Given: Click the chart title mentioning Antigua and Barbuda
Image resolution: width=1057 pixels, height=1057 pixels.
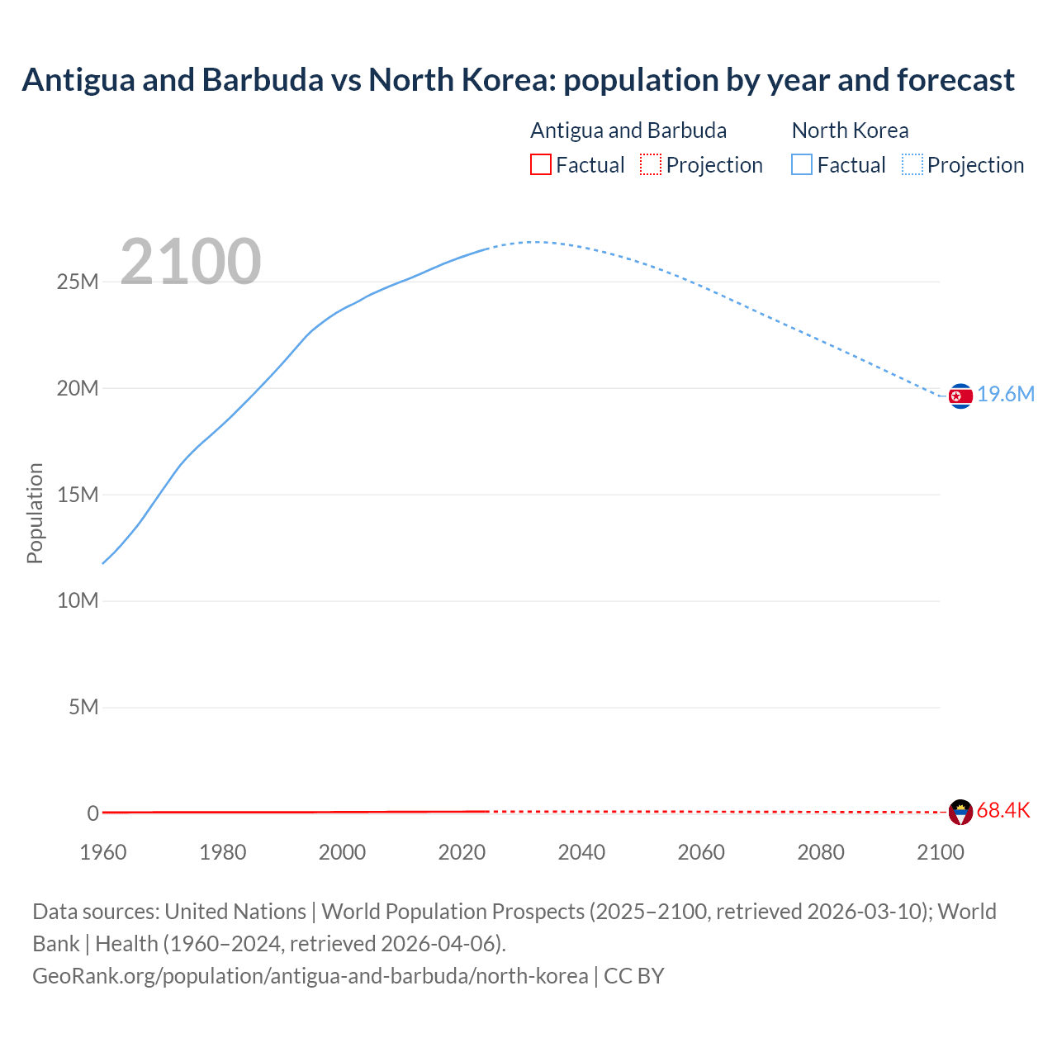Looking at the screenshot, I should point(518,80).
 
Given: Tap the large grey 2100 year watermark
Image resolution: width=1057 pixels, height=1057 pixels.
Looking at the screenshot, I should point(191,262).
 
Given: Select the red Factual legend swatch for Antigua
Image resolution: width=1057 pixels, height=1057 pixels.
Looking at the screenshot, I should point(540,165).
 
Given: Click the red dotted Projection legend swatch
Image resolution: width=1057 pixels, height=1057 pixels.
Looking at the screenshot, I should point(651,165).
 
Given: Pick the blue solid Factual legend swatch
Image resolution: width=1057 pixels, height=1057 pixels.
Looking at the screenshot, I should point(802,165).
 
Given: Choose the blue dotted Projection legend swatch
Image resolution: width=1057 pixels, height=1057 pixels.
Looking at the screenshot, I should point(912,165).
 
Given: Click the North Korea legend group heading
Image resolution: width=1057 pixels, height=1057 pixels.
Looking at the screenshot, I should point(850,130).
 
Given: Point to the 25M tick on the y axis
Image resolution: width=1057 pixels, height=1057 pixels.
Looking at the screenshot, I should point(78,282).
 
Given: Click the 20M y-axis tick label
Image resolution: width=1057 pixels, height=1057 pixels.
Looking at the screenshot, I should point(78,389).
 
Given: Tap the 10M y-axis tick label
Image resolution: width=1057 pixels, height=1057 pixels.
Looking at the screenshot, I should point(78,601).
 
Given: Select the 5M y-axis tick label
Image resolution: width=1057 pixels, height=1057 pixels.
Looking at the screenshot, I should point(83,708).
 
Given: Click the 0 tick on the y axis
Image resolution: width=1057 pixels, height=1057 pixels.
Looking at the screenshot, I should point(92,813).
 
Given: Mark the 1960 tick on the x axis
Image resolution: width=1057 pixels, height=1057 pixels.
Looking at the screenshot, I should point(103,852).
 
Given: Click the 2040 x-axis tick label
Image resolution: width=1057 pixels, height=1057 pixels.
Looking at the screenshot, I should point(581,852).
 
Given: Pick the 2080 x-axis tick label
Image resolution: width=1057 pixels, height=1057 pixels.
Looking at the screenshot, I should point(821,852).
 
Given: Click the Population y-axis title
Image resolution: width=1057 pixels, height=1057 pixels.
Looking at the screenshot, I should point(35,513).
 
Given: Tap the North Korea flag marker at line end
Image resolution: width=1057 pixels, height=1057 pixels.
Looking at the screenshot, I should point(960,396).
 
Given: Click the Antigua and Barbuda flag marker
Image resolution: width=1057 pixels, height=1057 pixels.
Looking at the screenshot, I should point(960,813).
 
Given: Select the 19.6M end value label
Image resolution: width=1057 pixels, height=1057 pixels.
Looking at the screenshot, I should point(1006,395).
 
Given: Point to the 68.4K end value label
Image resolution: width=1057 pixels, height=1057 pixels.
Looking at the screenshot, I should point(1003,811).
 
